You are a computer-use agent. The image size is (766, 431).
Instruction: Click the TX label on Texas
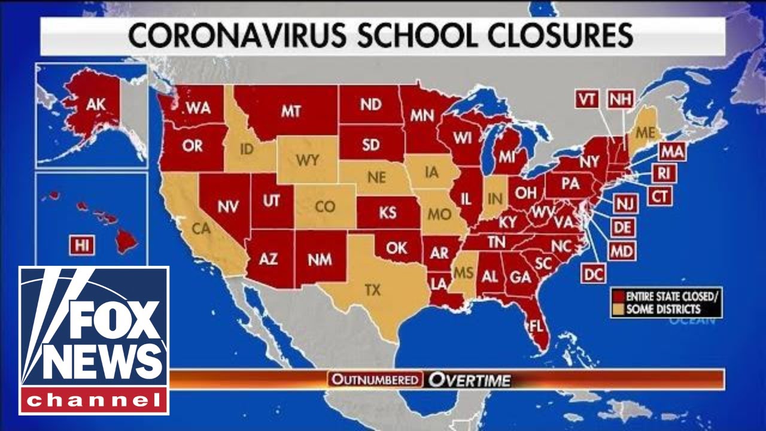(372, 290)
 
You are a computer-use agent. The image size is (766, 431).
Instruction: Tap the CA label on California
(200, 227)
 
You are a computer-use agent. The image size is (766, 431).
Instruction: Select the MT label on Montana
(290, 111)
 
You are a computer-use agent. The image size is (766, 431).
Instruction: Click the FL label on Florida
(536, 326)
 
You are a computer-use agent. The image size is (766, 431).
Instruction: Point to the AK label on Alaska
(95, 105)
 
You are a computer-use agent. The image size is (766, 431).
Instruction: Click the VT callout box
(588, 99)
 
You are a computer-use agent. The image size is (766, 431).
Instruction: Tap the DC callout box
(593, 274)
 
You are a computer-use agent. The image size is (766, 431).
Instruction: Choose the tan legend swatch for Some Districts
(618, 309)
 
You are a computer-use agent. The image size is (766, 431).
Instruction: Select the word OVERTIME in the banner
(469, 380)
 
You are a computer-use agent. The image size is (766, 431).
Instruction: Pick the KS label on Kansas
(387, 213)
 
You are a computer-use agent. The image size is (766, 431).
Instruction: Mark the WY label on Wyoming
(306, 160)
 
